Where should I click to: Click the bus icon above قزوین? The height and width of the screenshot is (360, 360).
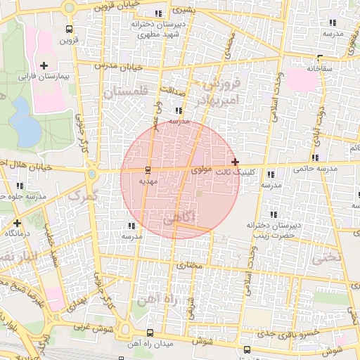68,30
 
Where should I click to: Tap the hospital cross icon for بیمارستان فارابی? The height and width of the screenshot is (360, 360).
44,65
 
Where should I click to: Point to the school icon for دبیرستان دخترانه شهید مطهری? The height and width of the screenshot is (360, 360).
160,13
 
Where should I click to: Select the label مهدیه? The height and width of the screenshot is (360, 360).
148,181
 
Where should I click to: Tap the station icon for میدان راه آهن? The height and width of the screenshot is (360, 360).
149,333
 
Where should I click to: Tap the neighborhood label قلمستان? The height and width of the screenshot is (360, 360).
126,90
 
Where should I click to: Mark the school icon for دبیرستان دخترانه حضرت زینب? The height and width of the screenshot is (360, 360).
272,214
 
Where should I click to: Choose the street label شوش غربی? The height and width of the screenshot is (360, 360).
90,328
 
